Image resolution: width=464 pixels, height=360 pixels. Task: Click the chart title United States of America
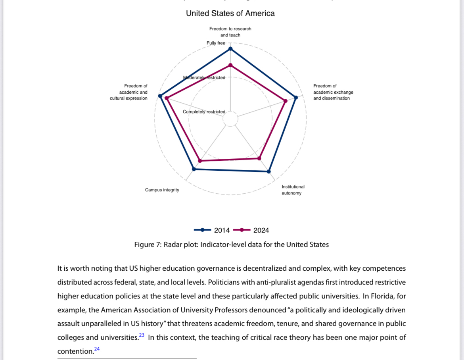(230, 13)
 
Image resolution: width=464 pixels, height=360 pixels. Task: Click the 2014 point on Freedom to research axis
(230, 49)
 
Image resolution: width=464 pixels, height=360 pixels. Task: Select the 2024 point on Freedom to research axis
(230, 65)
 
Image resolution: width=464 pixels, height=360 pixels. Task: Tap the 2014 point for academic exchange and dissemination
(296, 97)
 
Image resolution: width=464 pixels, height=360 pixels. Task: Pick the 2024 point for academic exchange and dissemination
(286, 101)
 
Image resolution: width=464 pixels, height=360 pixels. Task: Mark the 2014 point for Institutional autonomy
(269, 171)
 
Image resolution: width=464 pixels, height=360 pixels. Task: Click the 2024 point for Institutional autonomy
(259, 158)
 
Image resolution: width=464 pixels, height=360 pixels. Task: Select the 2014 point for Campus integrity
(194, 169)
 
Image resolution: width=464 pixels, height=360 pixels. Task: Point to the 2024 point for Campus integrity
(200, 161)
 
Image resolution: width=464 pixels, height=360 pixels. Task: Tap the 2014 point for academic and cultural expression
(160, 96)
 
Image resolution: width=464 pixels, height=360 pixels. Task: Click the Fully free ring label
(216, 43)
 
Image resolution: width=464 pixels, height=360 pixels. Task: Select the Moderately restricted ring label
(204, 77)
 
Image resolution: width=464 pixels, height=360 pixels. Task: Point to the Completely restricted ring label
(204, 112)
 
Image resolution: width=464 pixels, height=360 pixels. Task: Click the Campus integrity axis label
(162, 190)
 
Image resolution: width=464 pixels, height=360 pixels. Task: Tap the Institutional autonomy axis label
(293, 190)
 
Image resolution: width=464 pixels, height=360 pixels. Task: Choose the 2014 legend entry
(212, 230)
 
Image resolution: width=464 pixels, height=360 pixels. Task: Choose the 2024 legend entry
(251, 230)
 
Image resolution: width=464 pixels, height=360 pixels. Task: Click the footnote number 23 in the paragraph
(142, 335)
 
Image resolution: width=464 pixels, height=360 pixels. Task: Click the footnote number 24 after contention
(97, 349)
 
